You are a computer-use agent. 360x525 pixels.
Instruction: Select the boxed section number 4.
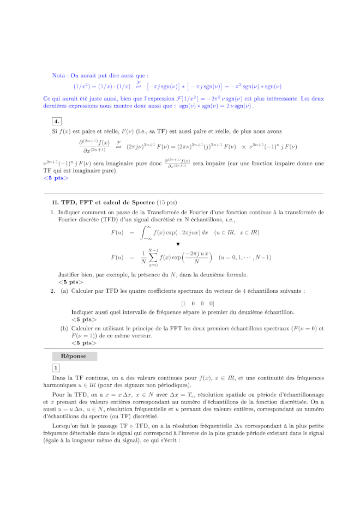[57, 121]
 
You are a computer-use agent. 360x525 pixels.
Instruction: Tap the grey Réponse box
[74, 356]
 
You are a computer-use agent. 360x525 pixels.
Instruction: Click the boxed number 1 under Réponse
[56, 368]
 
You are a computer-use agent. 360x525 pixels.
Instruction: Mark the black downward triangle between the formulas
[178, 244]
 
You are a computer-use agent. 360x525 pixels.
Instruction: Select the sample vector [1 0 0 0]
[197, 303]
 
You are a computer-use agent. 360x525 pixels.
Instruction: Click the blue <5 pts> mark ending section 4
[56, 178]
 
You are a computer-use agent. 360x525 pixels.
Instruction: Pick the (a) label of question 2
[64, 291]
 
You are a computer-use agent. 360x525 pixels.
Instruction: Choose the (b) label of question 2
[64, 328]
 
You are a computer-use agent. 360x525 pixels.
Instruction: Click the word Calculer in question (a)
[84, 291]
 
